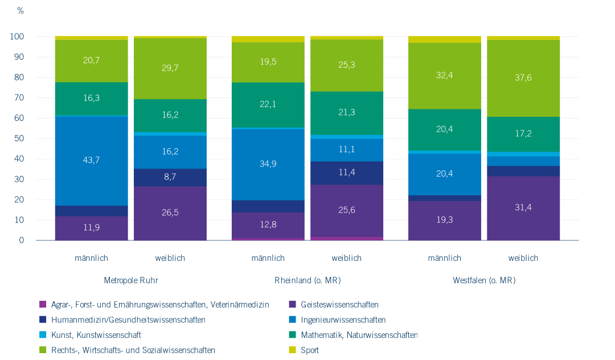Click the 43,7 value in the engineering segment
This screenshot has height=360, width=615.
tap(92, 160)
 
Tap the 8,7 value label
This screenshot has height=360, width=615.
tap(170, 177)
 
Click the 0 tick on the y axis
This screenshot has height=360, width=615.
tap(22, 240)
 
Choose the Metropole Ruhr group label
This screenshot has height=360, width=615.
tap(131, 280)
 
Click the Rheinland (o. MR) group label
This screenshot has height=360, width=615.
tap(307, 280)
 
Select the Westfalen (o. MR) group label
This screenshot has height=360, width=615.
tap(484, 280)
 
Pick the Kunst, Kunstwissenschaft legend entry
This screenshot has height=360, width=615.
tap(96, 335)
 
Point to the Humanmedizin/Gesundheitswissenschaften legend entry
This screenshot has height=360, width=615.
tap(128, 320)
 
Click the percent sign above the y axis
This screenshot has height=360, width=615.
tap(20, 11)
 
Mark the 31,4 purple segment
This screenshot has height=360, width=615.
tap(523, 208)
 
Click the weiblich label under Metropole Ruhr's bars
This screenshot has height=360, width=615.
tap(170, 258)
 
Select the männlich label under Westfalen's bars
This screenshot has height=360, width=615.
tap(445, 258)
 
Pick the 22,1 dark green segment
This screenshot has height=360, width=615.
tap(268, 105)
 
